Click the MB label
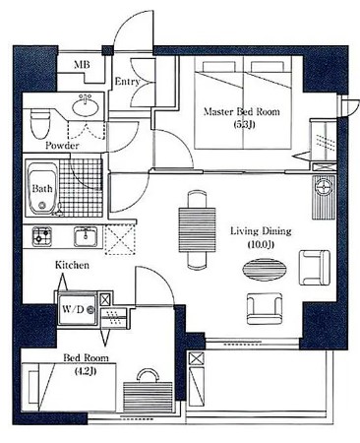[x=82, y=64]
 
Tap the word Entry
[x=127, y=82]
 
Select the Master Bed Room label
[x=242, y=111]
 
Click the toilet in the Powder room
[x=40, y=125]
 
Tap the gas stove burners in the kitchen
[x=41, y=236]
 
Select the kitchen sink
[x=86, y=236]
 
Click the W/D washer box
[x=78, y=309]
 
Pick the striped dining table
[x=197, y=229]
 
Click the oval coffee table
[x=265, y=270]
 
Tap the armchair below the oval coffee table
[x=265, y=309]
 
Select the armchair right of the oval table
[x=315, y=268]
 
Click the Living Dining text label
[x=261, y=231]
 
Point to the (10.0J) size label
[x=261, y=244]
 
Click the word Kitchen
[x=72, y=265]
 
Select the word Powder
[x=62, y=146]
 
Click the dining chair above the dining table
[x=197, y=199]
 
